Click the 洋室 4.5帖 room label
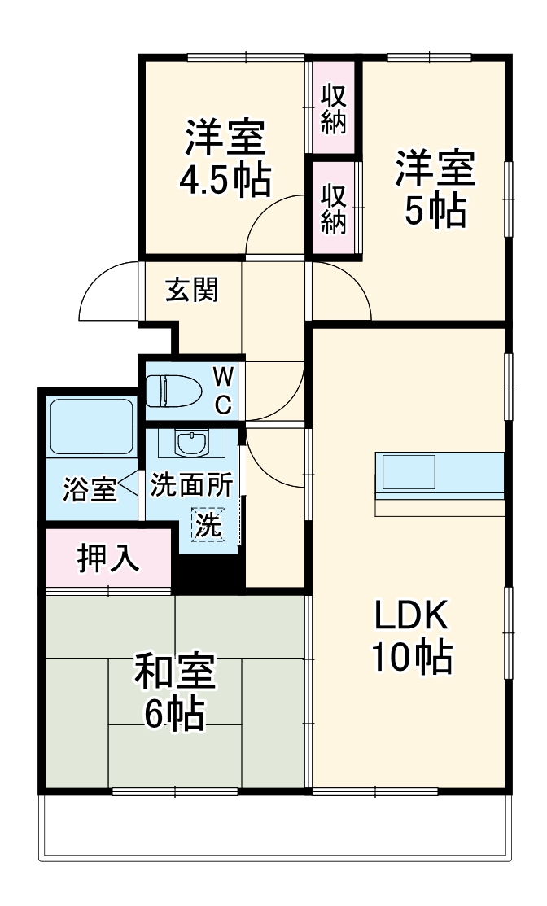[x=225, y=159]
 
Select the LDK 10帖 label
[x=411, y=636]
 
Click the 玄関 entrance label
[x=192, y=290]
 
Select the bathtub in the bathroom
[x=90, y=427]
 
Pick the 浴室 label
[x=89, y=492]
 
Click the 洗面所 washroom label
[x=190, y=485]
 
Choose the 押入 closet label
[x=107, y=559]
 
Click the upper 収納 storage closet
[x=334, y=108]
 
